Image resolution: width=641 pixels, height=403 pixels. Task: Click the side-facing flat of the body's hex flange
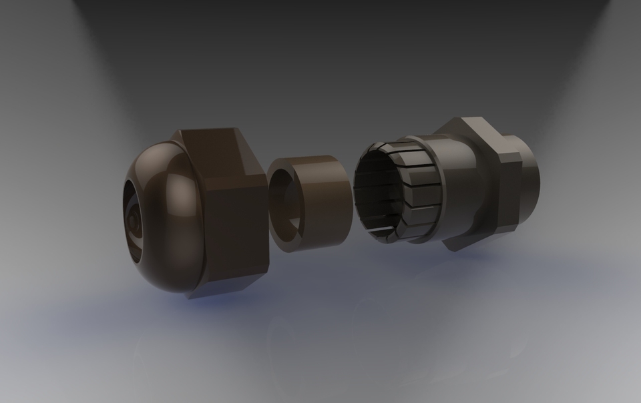(x=507, y=193)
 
